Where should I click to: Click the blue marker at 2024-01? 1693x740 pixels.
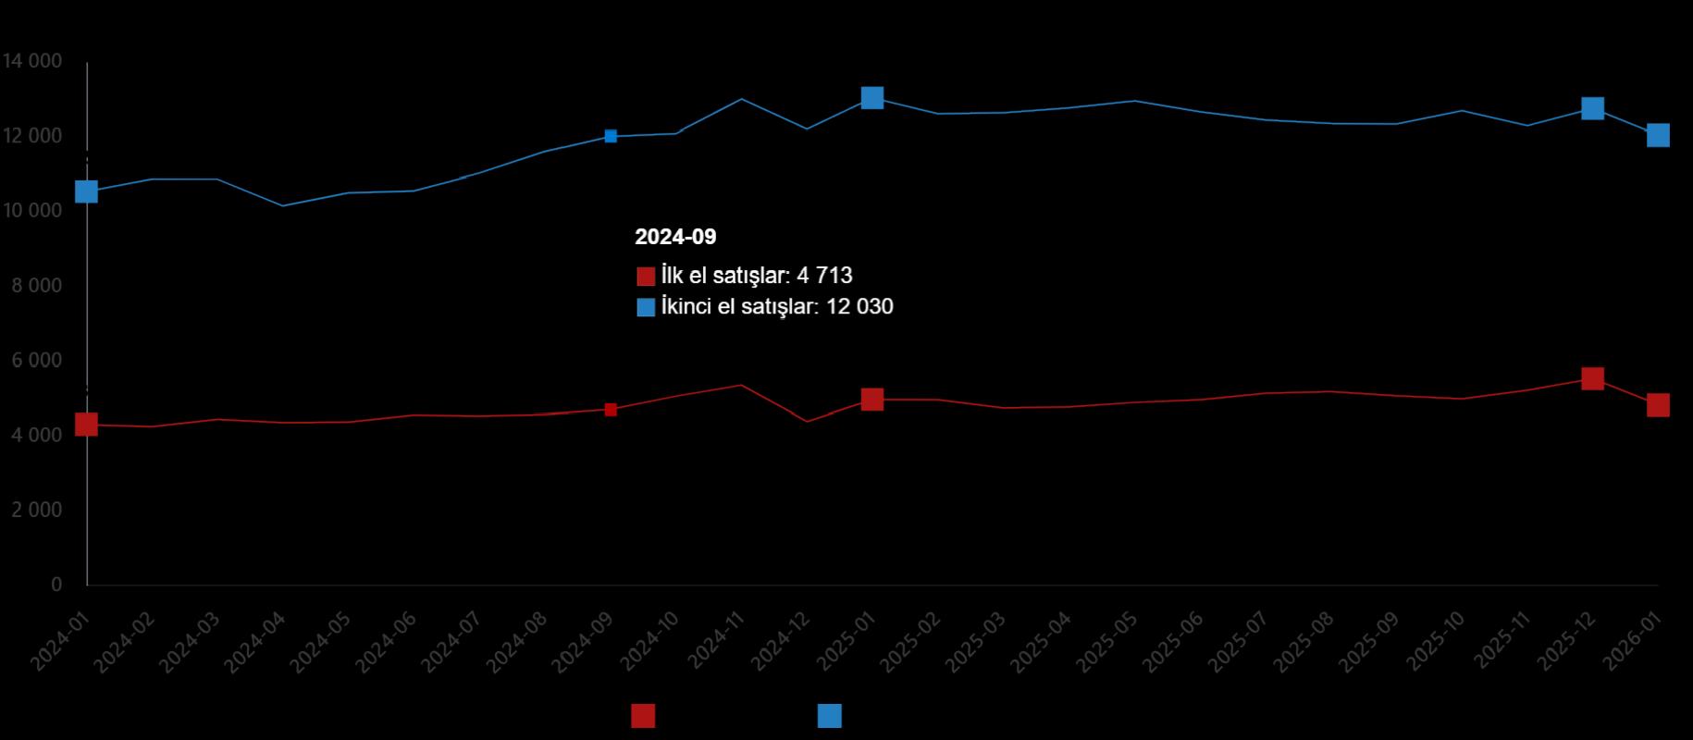[x=86, y=191]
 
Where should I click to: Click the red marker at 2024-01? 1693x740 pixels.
[x=86, y=425]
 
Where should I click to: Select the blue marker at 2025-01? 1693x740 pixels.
[x=871, y=98]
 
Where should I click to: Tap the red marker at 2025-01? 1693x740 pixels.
[x=871, y=400]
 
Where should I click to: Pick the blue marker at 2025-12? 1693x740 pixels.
[x=1592, y=108]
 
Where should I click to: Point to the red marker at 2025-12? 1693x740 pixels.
[x=1592, y=378]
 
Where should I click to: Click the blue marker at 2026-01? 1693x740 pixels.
[x=1658, y=136]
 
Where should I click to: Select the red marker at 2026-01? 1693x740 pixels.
[x=1658, y=405]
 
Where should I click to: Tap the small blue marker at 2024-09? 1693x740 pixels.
[x=611, y=136]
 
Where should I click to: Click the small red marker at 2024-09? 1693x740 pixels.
[x=611, y=410]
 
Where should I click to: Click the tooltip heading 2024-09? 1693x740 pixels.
[x=675, y=237]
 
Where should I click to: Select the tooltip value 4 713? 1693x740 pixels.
[x=824, y=276]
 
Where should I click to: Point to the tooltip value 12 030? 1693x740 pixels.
[x=859, y=306]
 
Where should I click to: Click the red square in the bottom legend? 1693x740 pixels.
[x=643, y=716]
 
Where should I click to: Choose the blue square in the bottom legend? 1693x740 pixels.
[x=830, y=716]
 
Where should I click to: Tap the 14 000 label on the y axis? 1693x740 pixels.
[x=32, y=61]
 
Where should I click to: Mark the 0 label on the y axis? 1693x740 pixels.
[x=56, y=585]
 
